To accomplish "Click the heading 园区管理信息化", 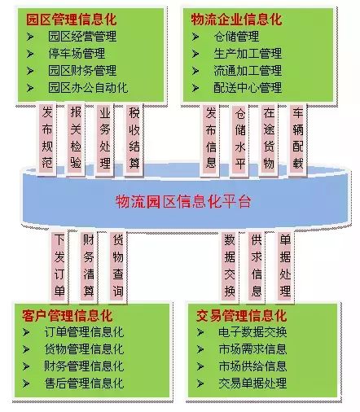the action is click(72, 20).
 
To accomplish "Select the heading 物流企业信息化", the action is click(236, 20).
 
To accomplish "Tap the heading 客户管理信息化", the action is click(67, 315).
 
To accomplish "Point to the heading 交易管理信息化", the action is click(241, 315).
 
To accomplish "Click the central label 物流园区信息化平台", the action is click(183, 201).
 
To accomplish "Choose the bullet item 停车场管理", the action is click(77, 54).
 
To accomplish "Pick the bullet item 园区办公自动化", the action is click(88, 88).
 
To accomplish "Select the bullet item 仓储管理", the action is click(236, 37).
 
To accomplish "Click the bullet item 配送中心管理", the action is click(248, 88).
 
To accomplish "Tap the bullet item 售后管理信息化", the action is click(84, 384).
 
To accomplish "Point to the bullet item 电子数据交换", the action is click(252, 332).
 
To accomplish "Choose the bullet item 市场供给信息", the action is click(252, 366).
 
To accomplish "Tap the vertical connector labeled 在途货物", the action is click(269, 139).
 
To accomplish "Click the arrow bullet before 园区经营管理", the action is click(30, 37).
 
